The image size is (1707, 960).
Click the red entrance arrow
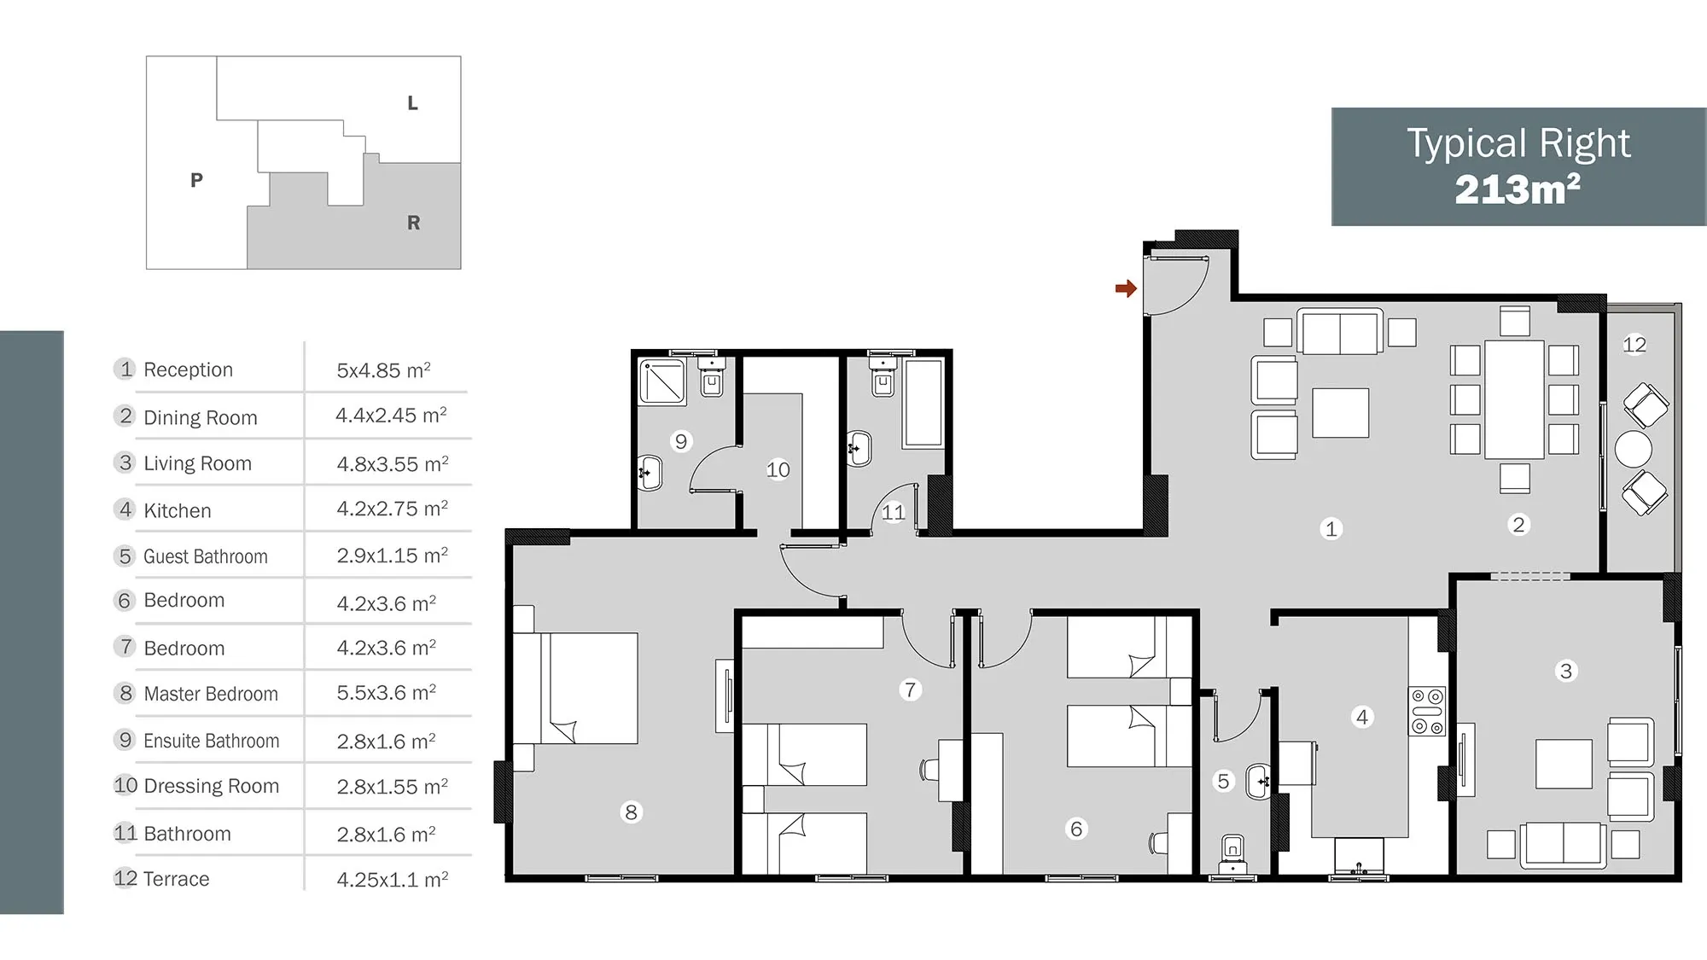point(1126,288)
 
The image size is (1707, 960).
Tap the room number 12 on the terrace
point(1634,345)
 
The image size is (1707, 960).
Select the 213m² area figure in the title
point(1518,189)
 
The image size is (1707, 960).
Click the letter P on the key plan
point(196,180)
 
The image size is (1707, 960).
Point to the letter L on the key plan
point(412,103)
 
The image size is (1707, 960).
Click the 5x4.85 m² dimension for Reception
point(383,370)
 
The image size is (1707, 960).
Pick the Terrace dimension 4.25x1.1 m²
point(393,880)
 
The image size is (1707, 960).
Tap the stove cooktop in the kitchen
point(1427,711)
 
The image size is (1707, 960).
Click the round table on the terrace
point(1633,449)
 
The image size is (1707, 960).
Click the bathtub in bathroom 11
point(923,403)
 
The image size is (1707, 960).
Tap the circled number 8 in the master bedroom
point(631,812)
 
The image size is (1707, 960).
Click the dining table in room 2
point(1514,399)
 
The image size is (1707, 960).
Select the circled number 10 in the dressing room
point(778,469)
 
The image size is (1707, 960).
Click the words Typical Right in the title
point(1518,143)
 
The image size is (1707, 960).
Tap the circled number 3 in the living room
point(1565,671)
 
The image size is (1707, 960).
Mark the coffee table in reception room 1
point(1340,413)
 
